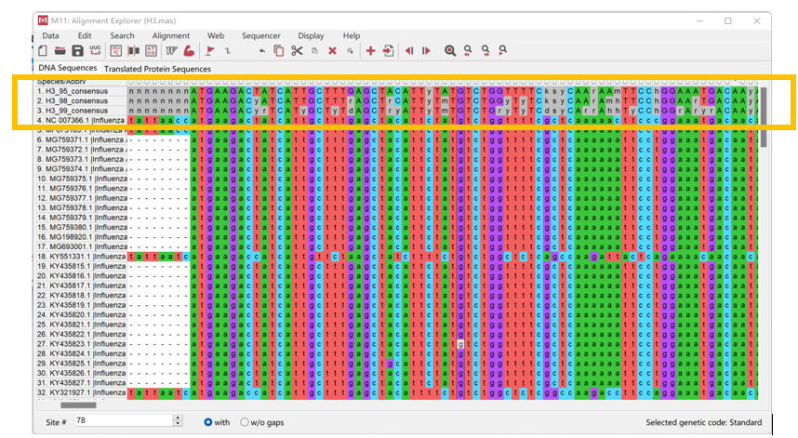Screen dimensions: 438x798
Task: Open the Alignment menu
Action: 170,35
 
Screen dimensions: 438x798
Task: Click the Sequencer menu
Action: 260,35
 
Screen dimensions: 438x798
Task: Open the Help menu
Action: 351,35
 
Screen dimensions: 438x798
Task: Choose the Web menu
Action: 216,35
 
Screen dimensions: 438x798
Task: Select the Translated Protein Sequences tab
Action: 157,69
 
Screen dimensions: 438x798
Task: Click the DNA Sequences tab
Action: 67,69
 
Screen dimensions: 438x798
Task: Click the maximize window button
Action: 727,20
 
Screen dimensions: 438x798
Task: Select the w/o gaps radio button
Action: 246,422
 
